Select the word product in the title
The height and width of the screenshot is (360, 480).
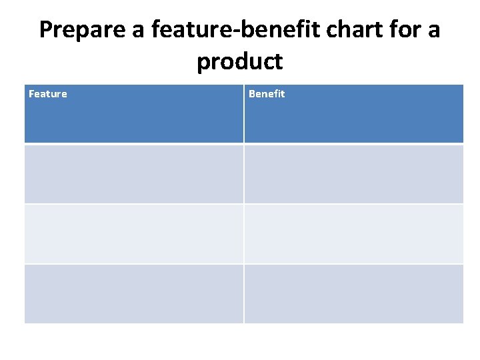(240, 62)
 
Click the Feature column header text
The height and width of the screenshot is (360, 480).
(48, 94)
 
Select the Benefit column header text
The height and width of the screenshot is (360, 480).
(267, 94)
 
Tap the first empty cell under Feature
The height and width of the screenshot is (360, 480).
(134, 174)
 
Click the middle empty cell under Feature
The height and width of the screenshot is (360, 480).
(134, 234)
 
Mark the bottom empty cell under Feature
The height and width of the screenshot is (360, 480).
(134, 294)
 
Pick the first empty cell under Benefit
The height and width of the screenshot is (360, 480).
(354, 174)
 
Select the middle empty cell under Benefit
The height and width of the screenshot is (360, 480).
(354, 234)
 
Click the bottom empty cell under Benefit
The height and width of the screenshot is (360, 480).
(354, 294)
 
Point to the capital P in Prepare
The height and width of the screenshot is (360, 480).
(46, 31)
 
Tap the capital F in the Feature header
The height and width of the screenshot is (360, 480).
(31, 94)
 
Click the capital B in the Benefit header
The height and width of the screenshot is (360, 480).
(252, 94)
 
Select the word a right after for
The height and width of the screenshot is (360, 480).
(433, 31)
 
